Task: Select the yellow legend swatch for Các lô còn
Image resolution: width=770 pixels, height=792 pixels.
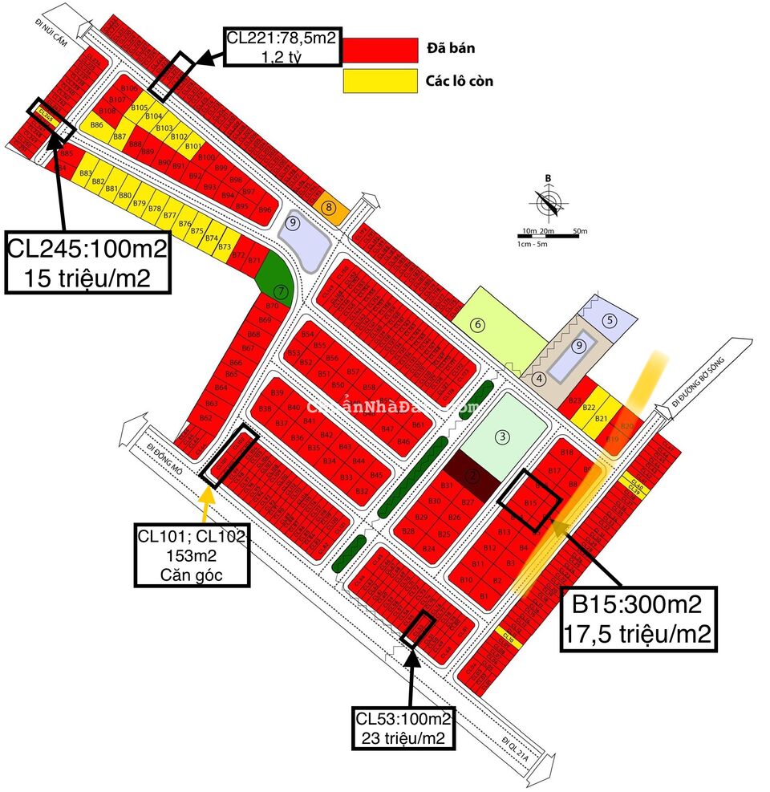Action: [x=380, y=81]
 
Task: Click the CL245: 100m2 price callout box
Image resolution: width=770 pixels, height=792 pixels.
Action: [x=88, y=262]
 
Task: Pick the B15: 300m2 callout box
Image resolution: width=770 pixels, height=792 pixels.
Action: [x=638, y=618]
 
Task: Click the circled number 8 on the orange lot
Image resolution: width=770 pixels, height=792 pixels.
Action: [x=329, y=208]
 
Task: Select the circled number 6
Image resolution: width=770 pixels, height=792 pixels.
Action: [x=478, y=325]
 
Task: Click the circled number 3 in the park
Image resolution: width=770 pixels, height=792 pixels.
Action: [x=502, y=437]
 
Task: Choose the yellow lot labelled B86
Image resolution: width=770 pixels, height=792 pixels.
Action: [x=97, y=125]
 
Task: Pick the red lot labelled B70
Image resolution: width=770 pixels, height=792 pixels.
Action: [x=271, y=306]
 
